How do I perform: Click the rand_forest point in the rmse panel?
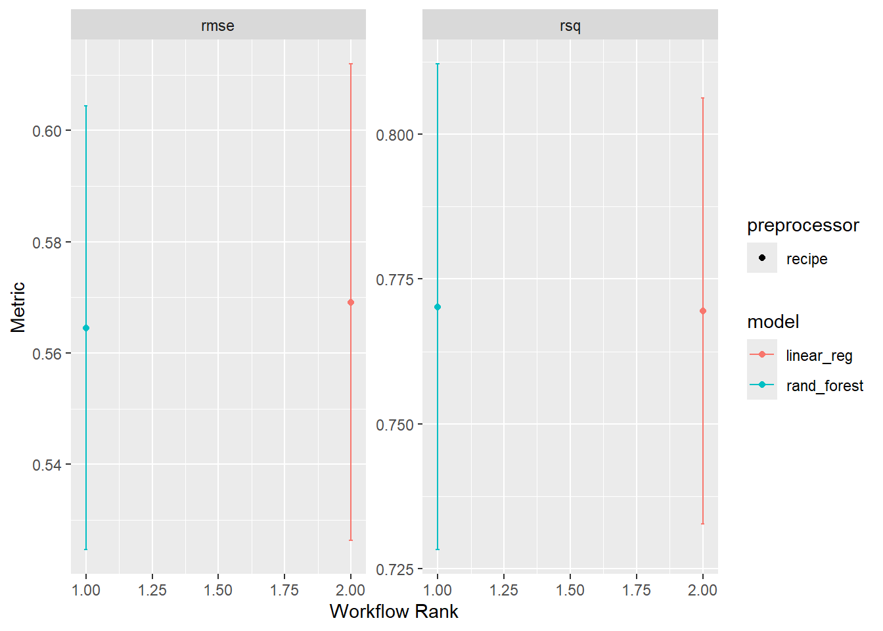click(x=86, y=328)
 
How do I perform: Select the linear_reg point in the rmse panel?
click(x=351, y=302)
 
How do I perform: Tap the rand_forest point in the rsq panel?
click(x=438, y=307)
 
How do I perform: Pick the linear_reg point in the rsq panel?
click(x=703, y=311)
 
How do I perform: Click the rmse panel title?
click(x=217, y=26)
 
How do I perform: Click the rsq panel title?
click(x=570, y=26)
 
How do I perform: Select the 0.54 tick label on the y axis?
click(x=47, y=465)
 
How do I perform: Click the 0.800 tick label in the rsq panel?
click(x=394, y=135)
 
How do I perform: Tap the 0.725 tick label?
click(x=394, y=569)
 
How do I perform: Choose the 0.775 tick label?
click(x=394, y=279)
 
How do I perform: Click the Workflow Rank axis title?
click(x=394, y=611)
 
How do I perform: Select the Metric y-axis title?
click(x=18, y=307)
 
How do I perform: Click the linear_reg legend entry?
click(x=819, y=356)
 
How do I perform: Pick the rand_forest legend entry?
click(x=824, y=386)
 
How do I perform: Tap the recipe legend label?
click(x=806, y=259)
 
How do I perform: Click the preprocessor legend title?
click(x=803, y=225)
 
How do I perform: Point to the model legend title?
click(x=773, y=322)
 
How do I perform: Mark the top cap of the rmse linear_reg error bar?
click(x=351, y=64)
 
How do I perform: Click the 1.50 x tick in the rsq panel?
click(x=570, y=590)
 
